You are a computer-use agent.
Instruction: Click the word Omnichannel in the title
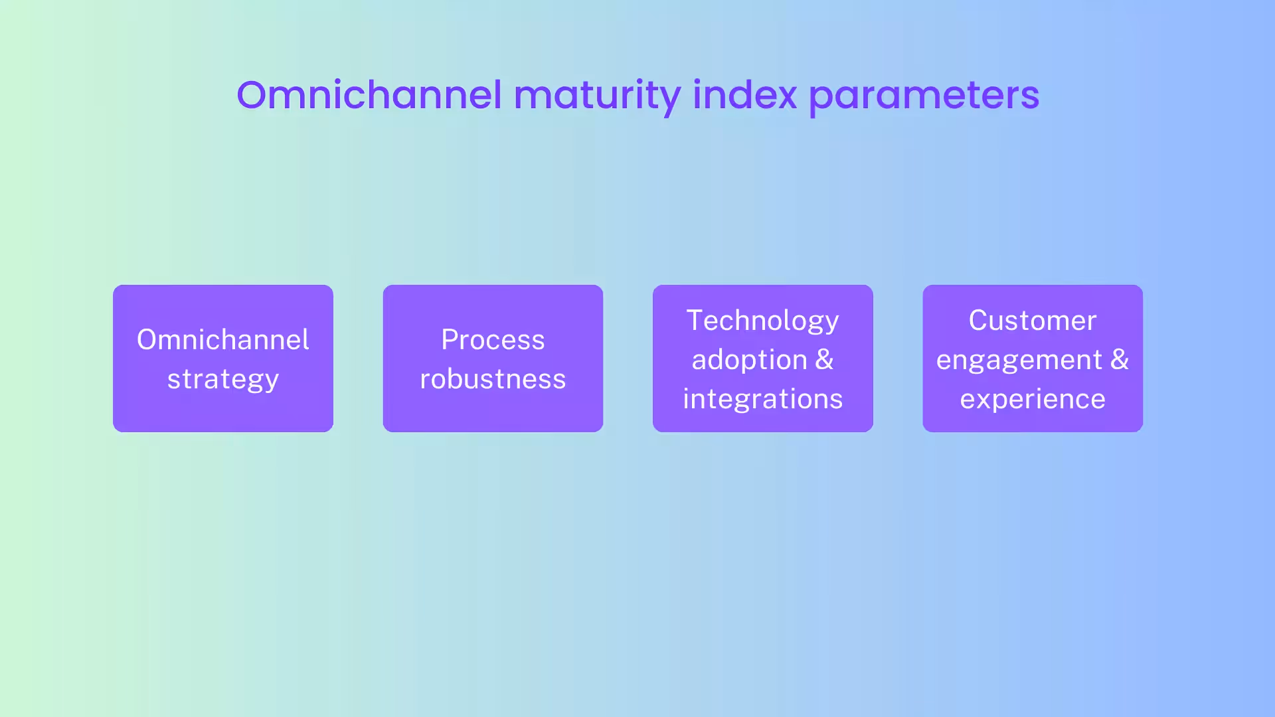pos(369,95)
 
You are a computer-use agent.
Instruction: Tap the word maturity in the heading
pos(597,95)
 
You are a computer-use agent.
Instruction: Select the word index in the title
pos(744,95)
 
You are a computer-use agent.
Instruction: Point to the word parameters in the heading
pos(924,95)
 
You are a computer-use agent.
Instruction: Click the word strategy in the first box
pos(223,379)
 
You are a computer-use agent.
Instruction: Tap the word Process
pos(493,340)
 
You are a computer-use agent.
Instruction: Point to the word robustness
pos(493,379)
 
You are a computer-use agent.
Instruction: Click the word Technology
pos(762,321)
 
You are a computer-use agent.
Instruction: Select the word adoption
pos(749,360)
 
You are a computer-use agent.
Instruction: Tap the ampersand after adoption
pos(824,360)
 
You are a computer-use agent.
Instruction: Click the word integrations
pos(762,399)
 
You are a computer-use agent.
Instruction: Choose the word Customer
pos(1033,321)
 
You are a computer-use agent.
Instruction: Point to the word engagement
pos(1019,360)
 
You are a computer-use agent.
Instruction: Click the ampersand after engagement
pos(1120,360)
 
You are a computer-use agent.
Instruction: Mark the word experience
pos(1033,399)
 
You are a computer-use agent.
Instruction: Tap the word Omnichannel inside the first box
pos(223,340)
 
